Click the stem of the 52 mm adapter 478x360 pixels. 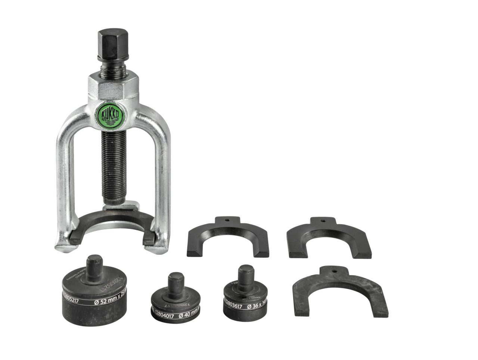95,265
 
